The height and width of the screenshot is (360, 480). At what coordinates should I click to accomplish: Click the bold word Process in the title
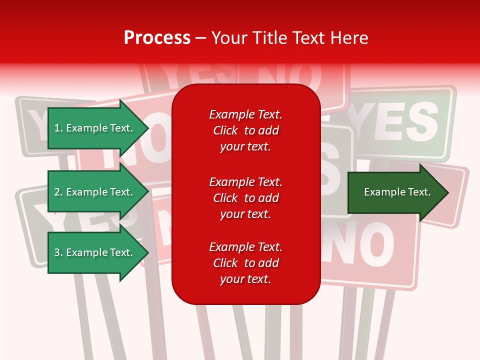click(157, 38)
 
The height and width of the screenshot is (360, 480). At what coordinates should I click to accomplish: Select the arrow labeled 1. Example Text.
click(95, 128)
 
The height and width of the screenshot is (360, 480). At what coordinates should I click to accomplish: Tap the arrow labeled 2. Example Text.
click(95, 192)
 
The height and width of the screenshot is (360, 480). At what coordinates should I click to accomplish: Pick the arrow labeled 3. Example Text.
click(95, 252)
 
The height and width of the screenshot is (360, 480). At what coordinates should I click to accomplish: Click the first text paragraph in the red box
click(245, 130)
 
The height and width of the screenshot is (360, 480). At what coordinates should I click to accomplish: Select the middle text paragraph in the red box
click(245, 197)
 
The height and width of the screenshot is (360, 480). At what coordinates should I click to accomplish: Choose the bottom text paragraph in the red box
click(245, 263)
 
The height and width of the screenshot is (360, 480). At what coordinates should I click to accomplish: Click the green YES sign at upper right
click(400, 122)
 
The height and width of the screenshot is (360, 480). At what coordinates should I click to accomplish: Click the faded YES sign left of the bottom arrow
click(32, 220)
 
